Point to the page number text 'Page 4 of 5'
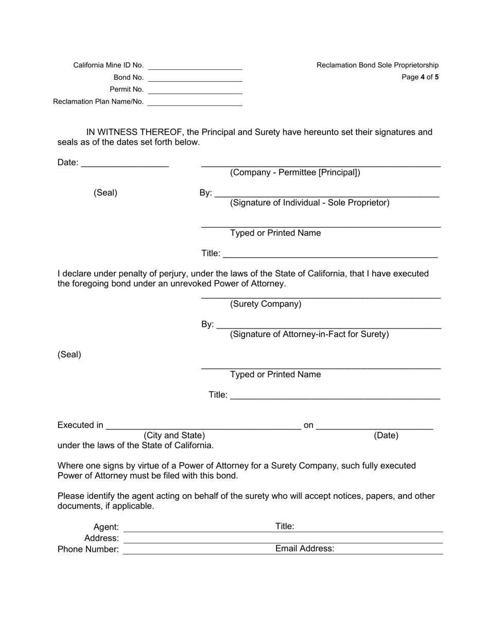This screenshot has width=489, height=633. [x=420, y=77]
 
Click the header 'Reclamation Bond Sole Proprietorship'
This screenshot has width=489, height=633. [x=377, y=65]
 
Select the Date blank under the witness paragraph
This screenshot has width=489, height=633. [x=125, y=163]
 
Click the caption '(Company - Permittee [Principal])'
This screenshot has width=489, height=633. [x=295, y=172]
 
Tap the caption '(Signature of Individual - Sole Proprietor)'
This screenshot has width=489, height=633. [x=309, y=203]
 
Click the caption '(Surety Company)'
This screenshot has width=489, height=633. [x=266, y=304]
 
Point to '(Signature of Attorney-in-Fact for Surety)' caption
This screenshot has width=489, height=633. [x=309, y=335]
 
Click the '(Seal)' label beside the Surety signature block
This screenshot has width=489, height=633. [x=69, y=355]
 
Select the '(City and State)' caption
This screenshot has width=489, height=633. [x=174, y=435]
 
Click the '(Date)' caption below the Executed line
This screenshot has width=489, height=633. [x=386, y=435]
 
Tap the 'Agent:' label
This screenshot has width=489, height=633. [x=106, y=527]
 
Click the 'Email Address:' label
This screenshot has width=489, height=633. [x=305, y=549]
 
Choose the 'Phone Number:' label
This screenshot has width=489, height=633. [x=88, y=550]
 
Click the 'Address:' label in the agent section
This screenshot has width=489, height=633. [x=101, y=538]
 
